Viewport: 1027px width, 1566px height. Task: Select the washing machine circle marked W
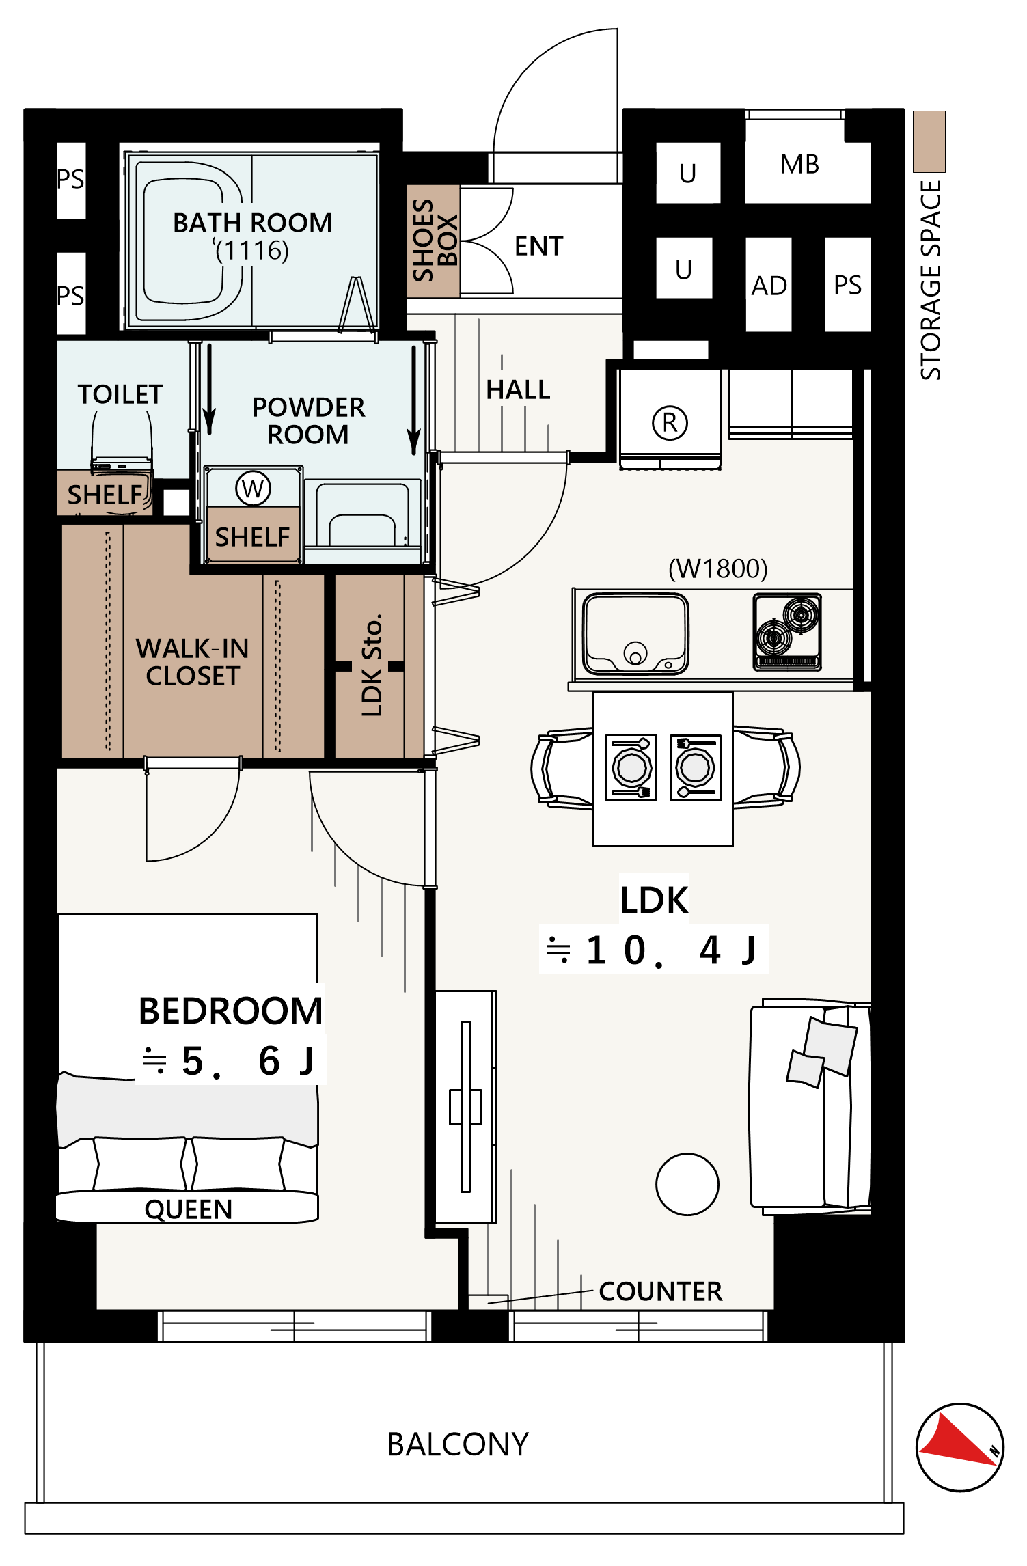pos(253,489)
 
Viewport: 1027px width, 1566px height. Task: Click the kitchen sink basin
pos(635,634)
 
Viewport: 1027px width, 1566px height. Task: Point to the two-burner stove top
pos(787,631)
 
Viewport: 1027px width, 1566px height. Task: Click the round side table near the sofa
pos(687,1184)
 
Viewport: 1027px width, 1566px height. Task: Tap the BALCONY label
pos(458,1444)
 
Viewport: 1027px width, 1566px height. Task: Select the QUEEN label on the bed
pos(189,1209)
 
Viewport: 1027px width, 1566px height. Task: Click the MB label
pos(799,165)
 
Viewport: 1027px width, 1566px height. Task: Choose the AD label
pos(769,286)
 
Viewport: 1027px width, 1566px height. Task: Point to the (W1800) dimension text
pos(718,568)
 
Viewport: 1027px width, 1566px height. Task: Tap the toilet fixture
pos(122,441)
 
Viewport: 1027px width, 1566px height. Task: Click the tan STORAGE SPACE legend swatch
pos(929,141)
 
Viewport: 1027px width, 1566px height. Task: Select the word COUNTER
pos(661,1291)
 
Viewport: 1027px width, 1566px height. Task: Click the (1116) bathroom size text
pos(252,251)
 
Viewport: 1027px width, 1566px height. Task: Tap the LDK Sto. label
pos(372,665)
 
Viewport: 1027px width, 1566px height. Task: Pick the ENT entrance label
pos(539,246)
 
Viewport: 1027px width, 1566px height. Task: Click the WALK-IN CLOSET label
pos(193,661)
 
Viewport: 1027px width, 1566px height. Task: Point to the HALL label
pos(518,389)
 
